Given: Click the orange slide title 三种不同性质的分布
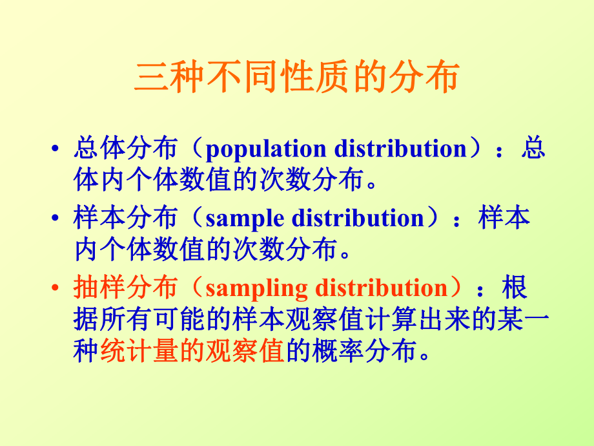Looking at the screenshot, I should click(x=296, y=78).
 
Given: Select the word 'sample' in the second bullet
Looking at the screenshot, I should click(x=244, y=219).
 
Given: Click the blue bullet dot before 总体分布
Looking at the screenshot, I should click(x=57, y=149).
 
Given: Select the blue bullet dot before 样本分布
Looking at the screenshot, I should click(x=57, y=218).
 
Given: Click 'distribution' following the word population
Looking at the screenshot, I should click(x=400, y=149).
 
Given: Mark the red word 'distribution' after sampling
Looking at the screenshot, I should click(x=381, y=288).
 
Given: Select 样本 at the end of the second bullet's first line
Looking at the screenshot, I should click(x=504, y=218).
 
